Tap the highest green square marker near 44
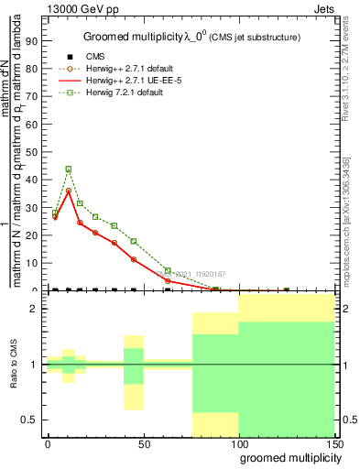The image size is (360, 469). click(x=69, y=169)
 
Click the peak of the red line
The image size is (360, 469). click(x=69, y=191)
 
